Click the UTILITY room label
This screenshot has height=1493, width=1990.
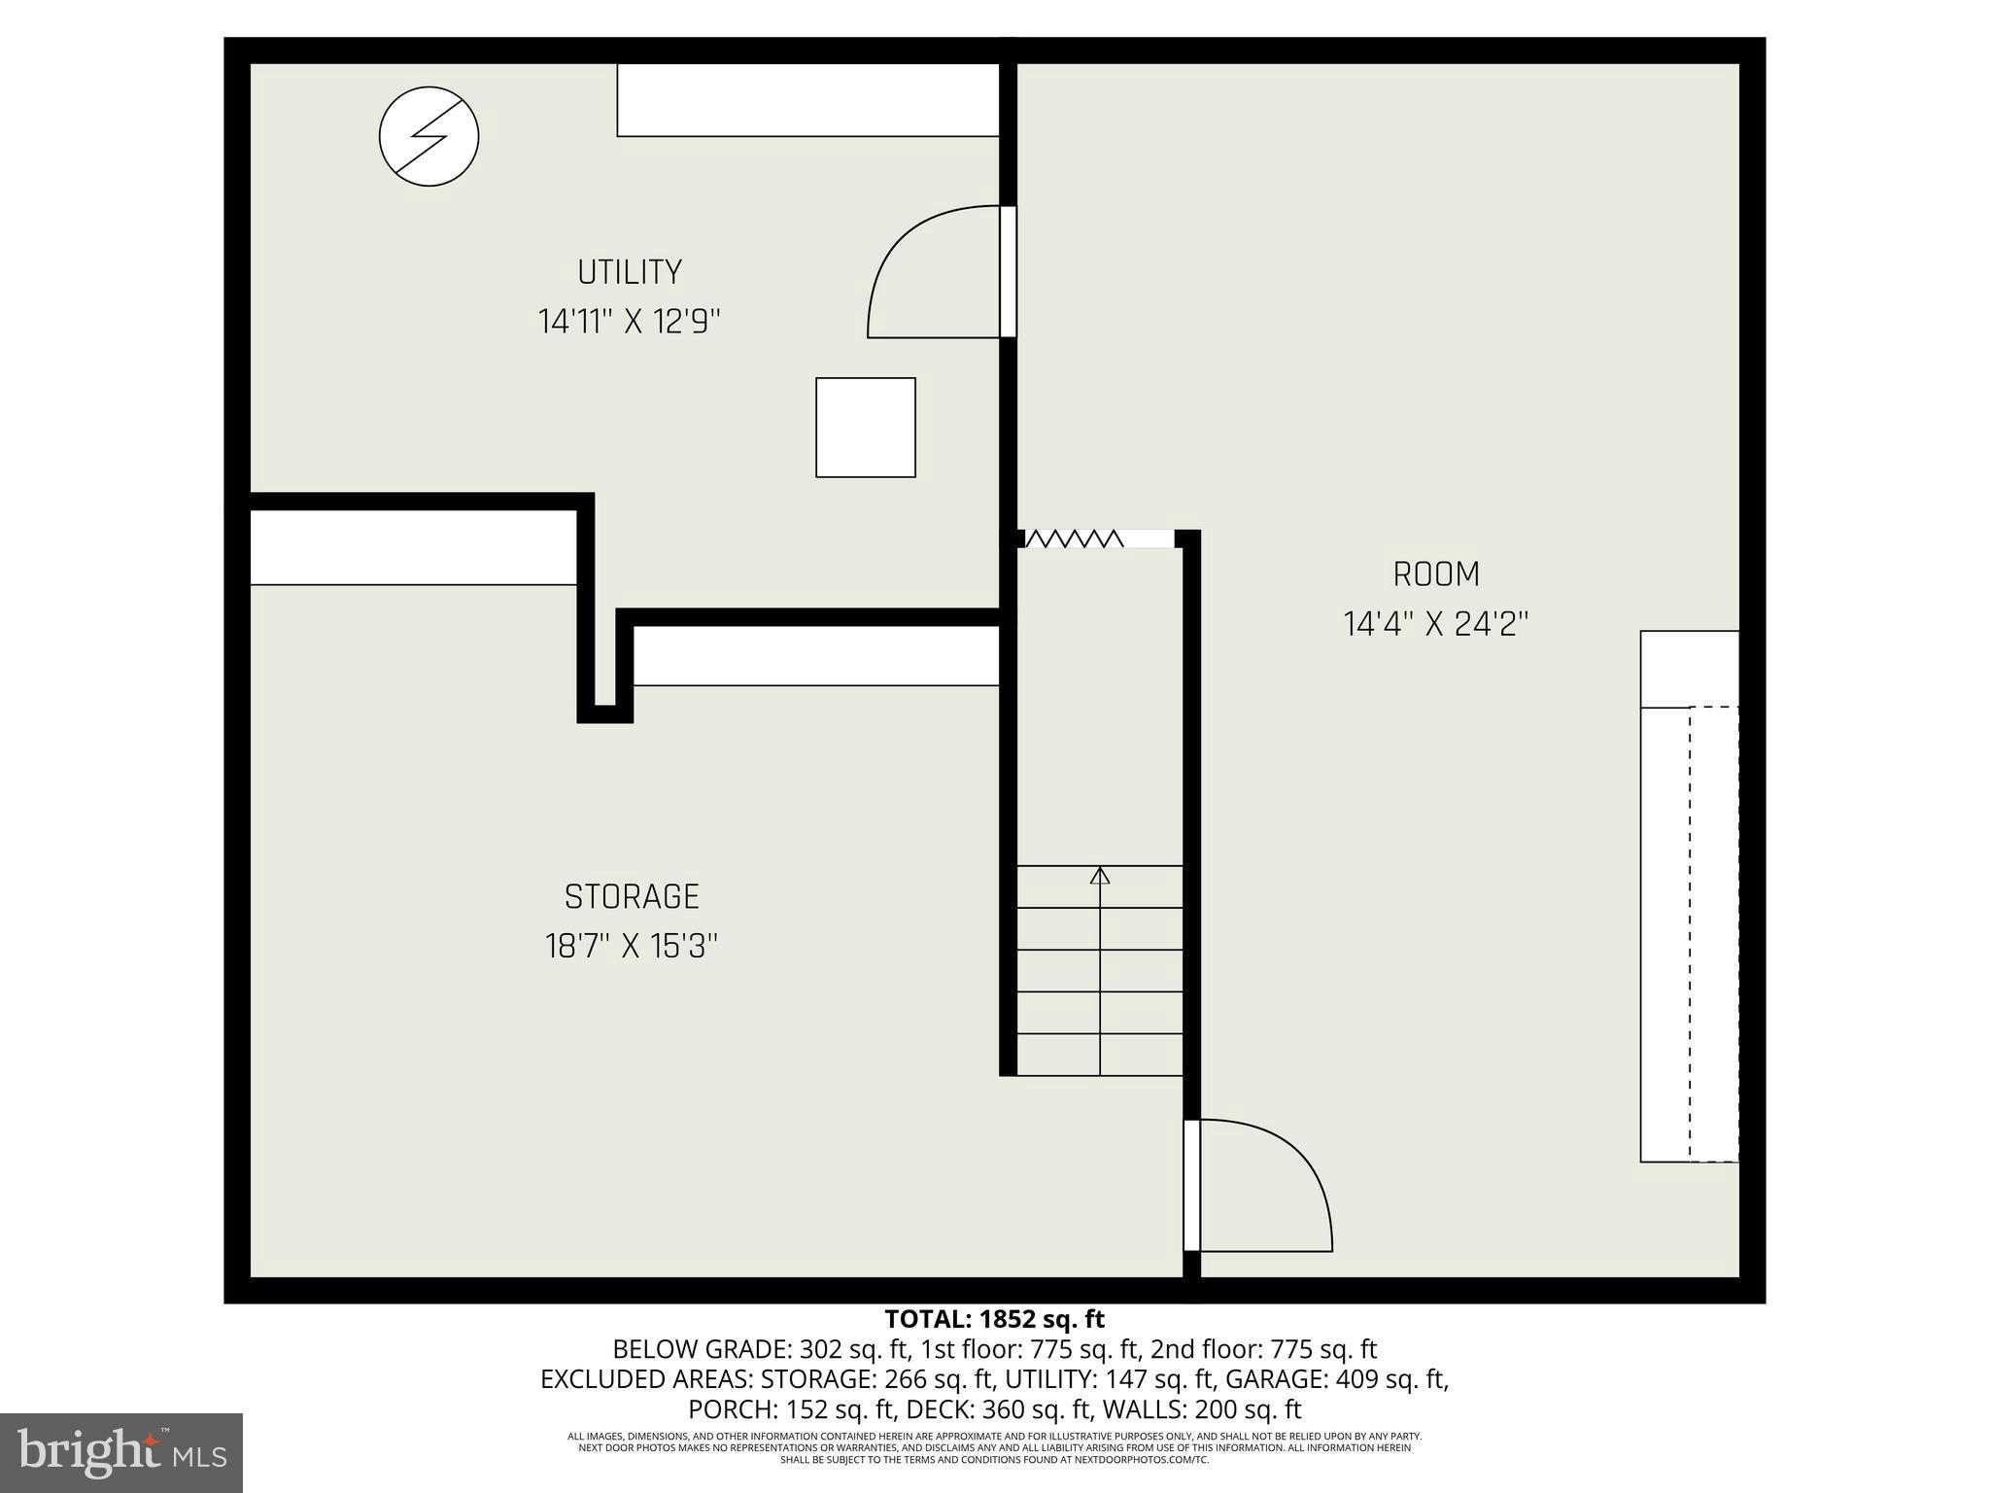pos(630,272)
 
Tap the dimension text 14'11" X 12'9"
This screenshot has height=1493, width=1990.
pos(630,321)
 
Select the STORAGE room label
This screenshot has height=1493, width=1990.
pos(632,896)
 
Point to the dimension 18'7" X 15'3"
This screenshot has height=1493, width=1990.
pos(632,946)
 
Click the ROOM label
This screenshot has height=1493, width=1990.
pos(1436,574)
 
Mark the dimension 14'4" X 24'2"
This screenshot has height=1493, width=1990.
pos(1436,624)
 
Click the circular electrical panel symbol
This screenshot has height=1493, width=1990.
pos(429,136)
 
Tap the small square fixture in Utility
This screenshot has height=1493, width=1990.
pos(865,428)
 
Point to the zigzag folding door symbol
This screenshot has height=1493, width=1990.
pos(1074,538)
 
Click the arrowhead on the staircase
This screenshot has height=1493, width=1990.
pos(1100,876)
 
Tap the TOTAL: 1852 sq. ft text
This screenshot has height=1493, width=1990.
pos(994,1319)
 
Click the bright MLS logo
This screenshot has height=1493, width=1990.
pos(121,1452)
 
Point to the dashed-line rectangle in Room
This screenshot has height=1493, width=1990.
pos(1713,933)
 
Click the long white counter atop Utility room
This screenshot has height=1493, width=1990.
pos(808,100)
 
